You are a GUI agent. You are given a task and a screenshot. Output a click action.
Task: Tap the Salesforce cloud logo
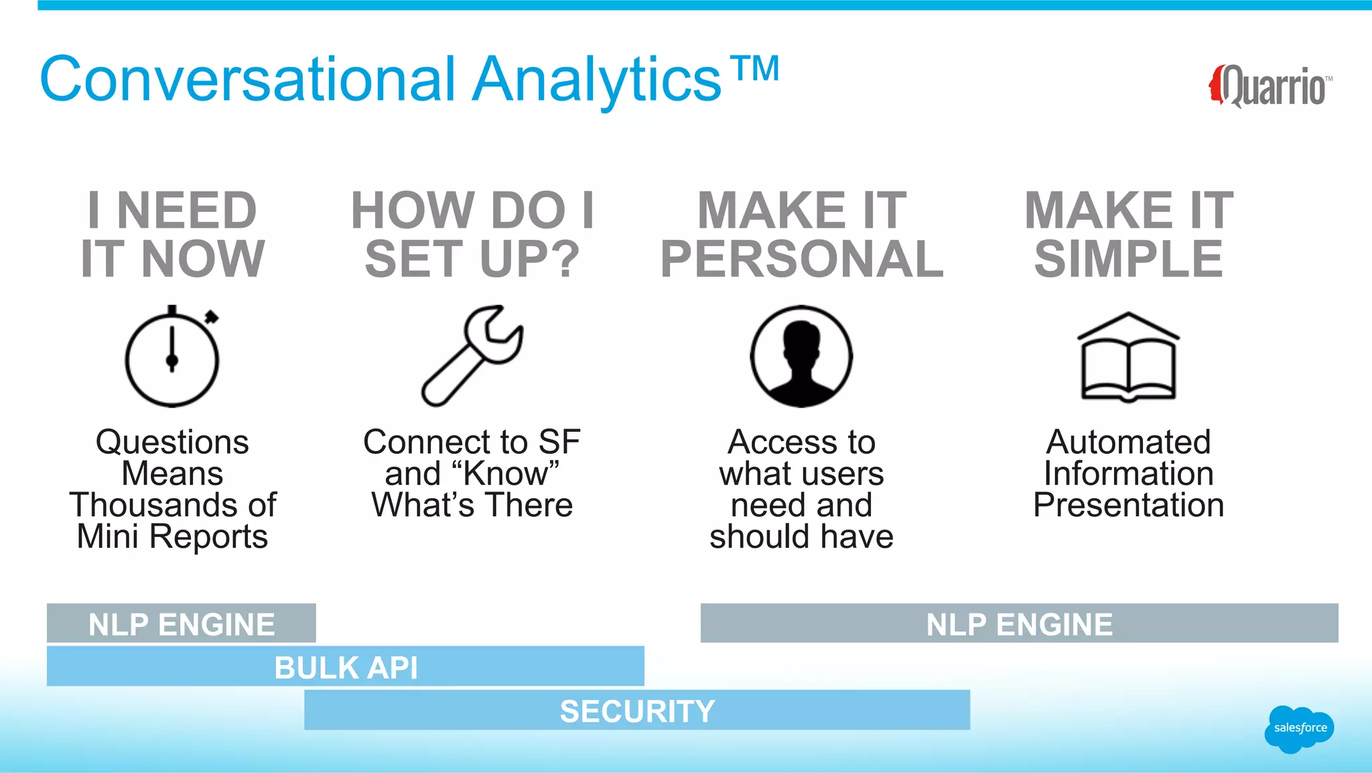tap(1299, 728)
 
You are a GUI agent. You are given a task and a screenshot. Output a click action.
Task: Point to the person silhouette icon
tap(801, 356)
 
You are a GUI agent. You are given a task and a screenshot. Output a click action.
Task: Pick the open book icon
tap(1129, 357)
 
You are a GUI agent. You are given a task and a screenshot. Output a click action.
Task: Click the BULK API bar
tap(346, 667)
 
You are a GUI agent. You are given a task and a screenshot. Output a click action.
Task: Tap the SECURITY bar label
tap(637, 711)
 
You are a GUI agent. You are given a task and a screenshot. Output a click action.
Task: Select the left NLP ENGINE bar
tap(182, 624)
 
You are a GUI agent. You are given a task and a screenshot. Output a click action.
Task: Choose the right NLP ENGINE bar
tap(1019, 624)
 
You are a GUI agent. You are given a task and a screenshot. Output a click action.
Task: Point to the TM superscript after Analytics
tap(755, 68)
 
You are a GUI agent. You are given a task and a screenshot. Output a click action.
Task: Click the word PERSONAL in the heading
tap(802, 259)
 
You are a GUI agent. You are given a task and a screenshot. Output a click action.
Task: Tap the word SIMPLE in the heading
tap(1129, 259)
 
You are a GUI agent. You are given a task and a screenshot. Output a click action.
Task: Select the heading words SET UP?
tap(472, 259)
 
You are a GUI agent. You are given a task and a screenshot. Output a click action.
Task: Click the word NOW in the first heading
tap(203, 259)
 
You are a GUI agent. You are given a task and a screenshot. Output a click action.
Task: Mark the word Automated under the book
tap(1129, 442)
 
